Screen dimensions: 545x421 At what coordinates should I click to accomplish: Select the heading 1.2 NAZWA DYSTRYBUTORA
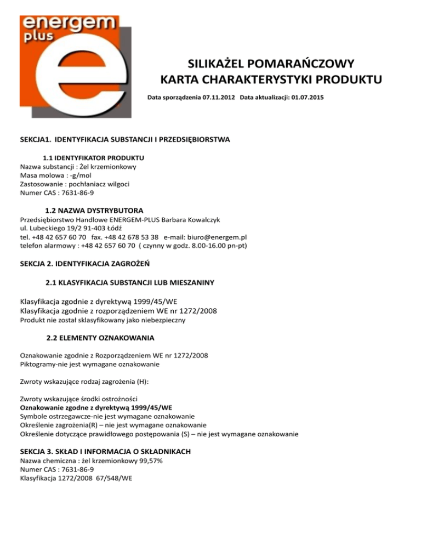point(94,211)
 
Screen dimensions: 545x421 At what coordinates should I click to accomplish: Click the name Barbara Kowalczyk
point(191,219)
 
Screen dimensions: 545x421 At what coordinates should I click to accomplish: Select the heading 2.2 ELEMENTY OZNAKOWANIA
point(100,337)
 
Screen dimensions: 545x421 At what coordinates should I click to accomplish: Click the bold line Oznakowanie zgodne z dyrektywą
point(96,407)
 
